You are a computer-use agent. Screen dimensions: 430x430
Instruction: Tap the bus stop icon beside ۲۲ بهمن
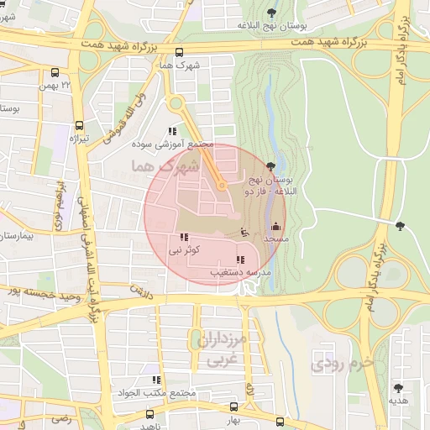pos(55,73)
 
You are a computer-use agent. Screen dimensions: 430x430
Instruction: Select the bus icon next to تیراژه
pos(78,123)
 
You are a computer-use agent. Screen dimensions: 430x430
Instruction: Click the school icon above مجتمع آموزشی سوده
pos(173,131)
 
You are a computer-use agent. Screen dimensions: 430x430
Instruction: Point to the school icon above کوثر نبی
pos(184,237)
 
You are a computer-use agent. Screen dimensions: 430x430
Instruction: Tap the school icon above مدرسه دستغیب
pos(240,260)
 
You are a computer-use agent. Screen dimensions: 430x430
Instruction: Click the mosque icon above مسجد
pos(276,227)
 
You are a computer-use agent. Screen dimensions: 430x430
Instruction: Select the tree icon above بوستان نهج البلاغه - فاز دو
pos(270,166)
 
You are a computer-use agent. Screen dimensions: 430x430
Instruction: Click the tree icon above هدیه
pos(398,388)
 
